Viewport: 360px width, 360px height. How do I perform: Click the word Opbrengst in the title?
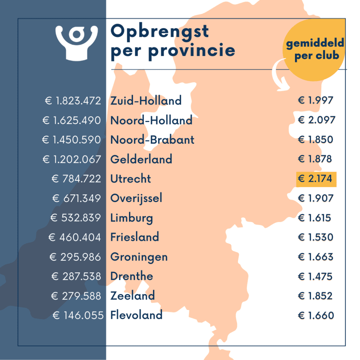tap(160, 32)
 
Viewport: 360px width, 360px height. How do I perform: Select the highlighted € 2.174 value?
tap(316, 179)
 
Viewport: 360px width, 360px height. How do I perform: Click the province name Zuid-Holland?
tap(146, 101)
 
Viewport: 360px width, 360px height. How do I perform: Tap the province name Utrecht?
tap(131, 179)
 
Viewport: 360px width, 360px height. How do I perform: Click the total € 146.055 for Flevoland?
tap(78, 315)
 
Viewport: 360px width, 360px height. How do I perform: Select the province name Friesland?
tap(135, 237)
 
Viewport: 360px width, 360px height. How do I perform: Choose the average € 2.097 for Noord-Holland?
tap(316, 120)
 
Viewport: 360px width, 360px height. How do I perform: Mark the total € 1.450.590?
tap(71, 140)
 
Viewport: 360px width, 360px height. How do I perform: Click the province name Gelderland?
tap(141, 159)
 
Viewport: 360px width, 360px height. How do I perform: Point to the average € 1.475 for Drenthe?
tap(315, 276)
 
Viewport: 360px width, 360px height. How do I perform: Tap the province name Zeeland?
tap(132, 296)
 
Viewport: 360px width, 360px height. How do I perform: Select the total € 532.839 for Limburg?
tap(75, 218)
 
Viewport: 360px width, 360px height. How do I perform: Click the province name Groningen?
tap(139, 257)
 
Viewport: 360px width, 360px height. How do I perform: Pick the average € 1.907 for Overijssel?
tap(316, 199)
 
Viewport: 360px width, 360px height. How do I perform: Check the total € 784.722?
tap(76, 179)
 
